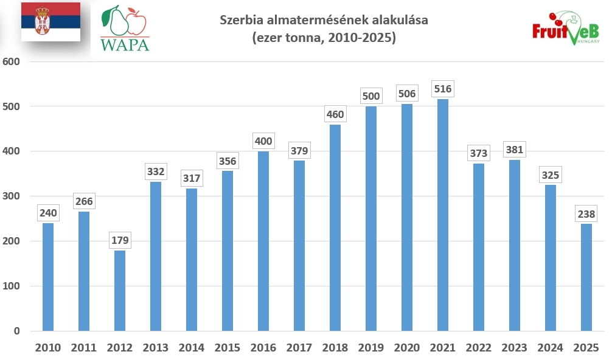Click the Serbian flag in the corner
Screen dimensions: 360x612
[50, 22]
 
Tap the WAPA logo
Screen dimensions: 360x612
[125, 29]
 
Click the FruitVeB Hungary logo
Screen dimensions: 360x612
[566, 30]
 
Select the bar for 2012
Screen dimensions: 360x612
[120, 291]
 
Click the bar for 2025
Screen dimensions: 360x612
[586, 277]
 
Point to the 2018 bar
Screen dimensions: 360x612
[335, 228]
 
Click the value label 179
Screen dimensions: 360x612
[120, 240]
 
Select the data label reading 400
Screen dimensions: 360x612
[263, 141]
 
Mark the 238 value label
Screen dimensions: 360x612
[586, 213]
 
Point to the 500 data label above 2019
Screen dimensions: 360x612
[370, 96]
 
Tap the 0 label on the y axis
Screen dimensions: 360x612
[18, 331]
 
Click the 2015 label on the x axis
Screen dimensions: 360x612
[228, 348]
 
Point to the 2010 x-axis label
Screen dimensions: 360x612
[48, 348]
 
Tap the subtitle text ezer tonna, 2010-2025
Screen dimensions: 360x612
[324, 38]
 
